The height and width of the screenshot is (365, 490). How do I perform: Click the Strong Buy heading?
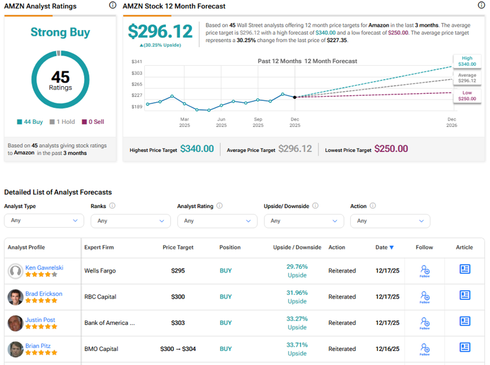60,33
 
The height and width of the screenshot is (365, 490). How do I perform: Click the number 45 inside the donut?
60,77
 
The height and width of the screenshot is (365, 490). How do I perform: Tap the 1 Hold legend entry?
64,121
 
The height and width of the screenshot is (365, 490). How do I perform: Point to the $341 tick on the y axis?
137,62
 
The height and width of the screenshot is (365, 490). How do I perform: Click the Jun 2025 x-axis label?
221,122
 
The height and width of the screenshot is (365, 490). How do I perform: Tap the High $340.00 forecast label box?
467,61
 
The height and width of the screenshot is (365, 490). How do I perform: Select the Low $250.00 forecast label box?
467,95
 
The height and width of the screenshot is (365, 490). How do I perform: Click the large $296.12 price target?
160,32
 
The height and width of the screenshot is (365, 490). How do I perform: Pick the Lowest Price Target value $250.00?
391,149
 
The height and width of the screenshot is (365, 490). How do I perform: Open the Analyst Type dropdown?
44,221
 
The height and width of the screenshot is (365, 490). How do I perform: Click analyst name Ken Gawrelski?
44,268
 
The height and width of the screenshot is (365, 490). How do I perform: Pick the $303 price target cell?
178,323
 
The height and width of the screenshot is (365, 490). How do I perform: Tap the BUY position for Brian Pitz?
226,349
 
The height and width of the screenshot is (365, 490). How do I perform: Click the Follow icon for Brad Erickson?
424,296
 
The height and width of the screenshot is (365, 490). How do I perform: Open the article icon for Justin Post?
464,322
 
